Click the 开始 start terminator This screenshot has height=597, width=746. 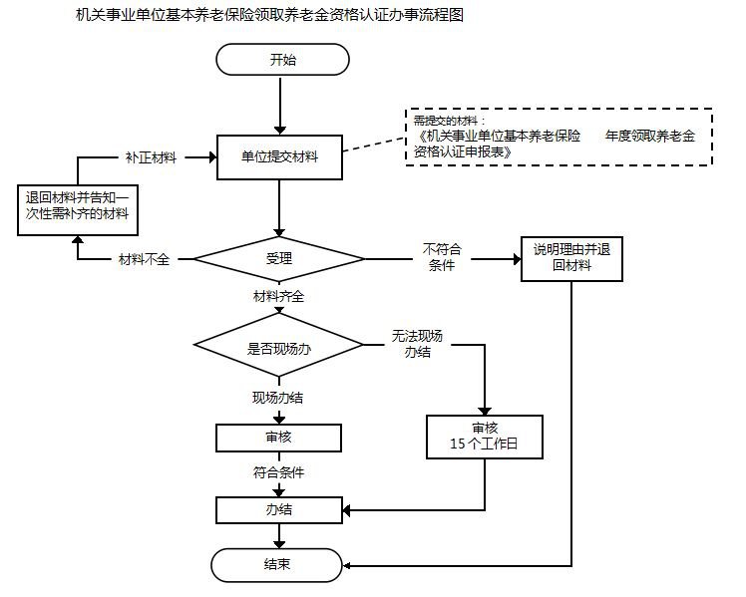pos(282,59)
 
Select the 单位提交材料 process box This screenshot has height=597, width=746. pos(280,156)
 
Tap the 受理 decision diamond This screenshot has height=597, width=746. pos(279,259)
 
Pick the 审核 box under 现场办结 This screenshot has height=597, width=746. pos(279,437)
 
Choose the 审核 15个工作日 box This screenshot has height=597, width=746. pos(485,436)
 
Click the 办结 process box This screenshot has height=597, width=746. pos(279,509)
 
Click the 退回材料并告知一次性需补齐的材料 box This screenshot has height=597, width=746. pos(76,207)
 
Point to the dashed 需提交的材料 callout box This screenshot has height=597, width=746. pos(559,137)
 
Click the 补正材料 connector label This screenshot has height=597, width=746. pos(151,157)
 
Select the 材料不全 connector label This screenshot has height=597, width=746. pos(144,259)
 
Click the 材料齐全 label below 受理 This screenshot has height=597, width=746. pos(279,296)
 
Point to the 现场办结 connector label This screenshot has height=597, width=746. pos(278,398)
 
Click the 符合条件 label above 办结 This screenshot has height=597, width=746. pos(278,472)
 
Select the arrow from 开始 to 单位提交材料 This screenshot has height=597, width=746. pos(280,104)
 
